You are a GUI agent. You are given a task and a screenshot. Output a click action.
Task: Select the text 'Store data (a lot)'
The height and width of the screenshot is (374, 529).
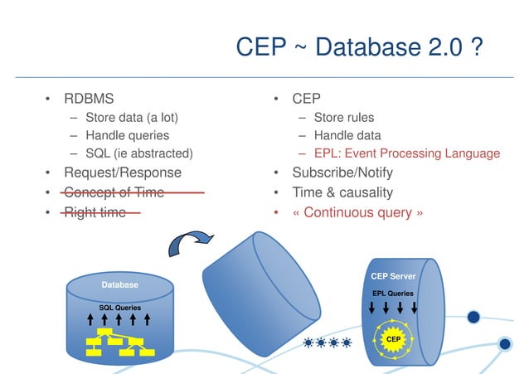131,117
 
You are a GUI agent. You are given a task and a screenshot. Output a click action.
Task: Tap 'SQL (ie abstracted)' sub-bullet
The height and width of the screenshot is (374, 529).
138,153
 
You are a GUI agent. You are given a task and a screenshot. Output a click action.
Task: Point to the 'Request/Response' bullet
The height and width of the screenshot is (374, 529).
122,172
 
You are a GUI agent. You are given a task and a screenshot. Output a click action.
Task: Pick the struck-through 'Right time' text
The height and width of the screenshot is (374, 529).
95,212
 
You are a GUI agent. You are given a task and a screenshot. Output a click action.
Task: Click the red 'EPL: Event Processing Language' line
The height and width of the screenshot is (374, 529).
406,153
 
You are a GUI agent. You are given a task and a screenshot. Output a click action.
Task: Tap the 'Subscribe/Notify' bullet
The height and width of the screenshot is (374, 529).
342,172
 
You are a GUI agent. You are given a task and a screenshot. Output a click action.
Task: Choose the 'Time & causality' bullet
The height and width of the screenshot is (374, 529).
342,192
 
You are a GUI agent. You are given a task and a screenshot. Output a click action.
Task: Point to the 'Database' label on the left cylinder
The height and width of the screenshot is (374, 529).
120,285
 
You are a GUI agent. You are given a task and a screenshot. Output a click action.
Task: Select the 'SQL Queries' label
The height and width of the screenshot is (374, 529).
119,308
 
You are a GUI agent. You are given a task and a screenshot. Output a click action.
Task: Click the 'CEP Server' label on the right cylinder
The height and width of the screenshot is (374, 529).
393,276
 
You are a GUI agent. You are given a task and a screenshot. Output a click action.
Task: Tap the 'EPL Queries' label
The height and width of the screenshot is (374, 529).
393,293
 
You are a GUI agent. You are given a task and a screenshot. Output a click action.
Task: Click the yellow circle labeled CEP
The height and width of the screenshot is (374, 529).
394,339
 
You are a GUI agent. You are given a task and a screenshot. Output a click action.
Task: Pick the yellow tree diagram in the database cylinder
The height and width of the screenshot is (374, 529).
119,341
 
